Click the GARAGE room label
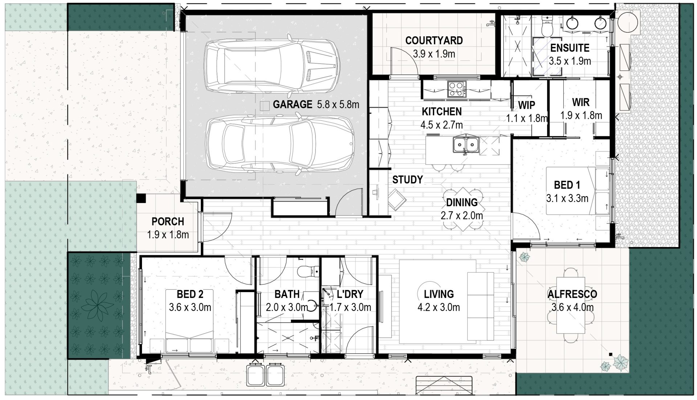pos(292,105)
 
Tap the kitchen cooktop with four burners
pos(456,89)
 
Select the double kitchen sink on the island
pos(465,145)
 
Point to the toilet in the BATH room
pos(305,271)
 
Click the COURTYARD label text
pos(434,40)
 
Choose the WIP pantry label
pos(526,105)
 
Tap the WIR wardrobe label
pos(581,102)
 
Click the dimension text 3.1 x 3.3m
pos(567,198)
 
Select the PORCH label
pos(168,221)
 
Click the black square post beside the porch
pos(141,198)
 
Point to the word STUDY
pos(407,179)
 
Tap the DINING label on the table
pos(462,202)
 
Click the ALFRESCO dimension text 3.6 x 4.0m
pos(572,307)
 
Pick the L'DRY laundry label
pos(350,294)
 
